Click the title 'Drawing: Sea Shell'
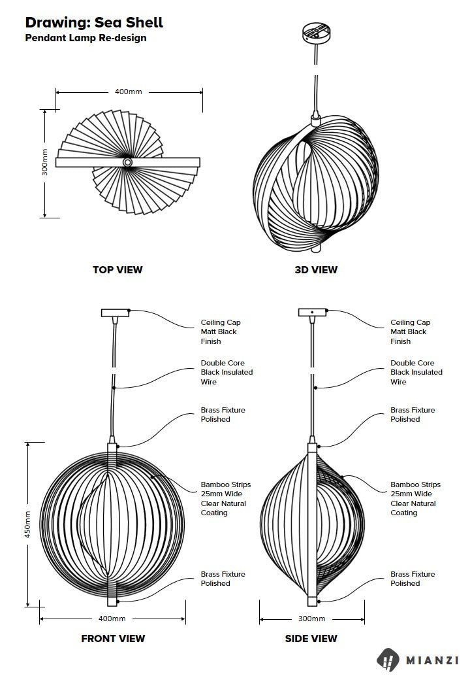pos(94,23)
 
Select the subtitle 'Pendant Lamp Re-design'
pos(86,38)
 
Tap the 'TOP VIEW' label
pos(117,269)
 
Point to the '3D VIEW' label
pos(316,269)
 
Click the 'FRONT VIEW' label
pos(113,638)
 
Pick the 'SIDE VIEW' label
pos(311,638)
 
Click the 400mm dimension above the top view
pos(129,92)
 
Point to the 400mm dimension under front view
pos(112,619)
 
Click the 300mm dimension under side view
pos(311,619)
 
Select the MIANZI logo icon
pos(390,660)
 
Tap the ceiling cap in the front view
pos(116,313)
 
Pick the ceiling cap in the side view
pos(312,313)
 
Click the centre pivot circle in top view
pos(128,161)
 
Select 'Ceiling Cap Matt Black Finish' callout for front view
pos(220,331)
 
